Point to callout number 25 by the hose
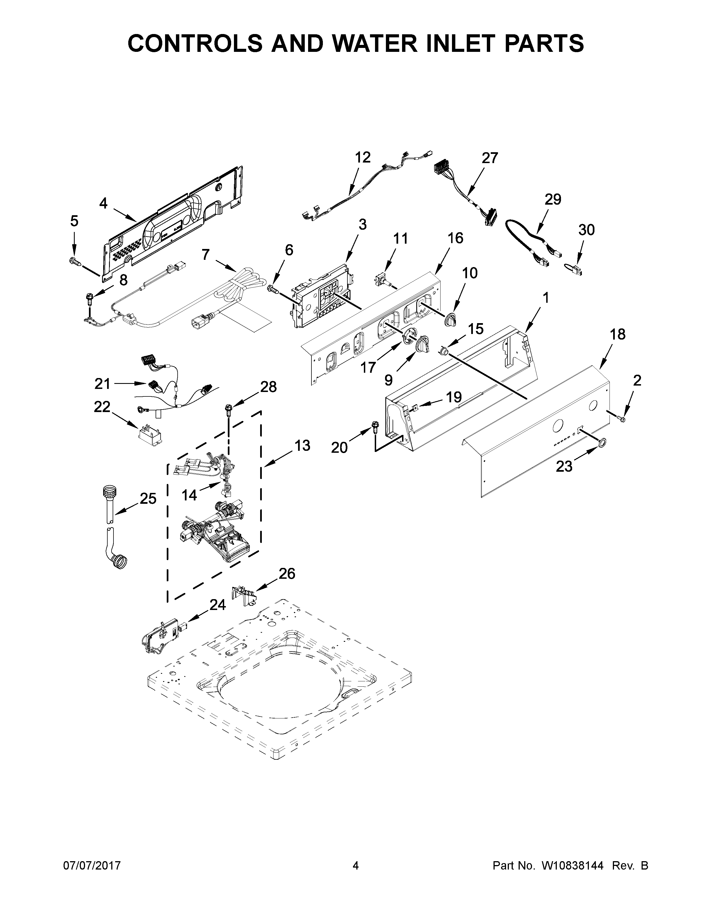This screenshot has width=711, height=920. pos(148,498)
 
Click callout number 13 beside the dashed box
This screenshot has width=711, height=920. pos(302,445)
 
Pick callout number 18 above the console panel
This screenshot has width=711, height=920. pos(618,334)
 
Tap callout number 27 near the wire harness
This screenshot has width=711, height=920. pos(490,158)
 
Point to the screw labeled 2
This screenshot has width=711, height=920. pos(621,418)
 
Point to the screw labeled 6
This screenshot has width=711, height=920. pos(273,289)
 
